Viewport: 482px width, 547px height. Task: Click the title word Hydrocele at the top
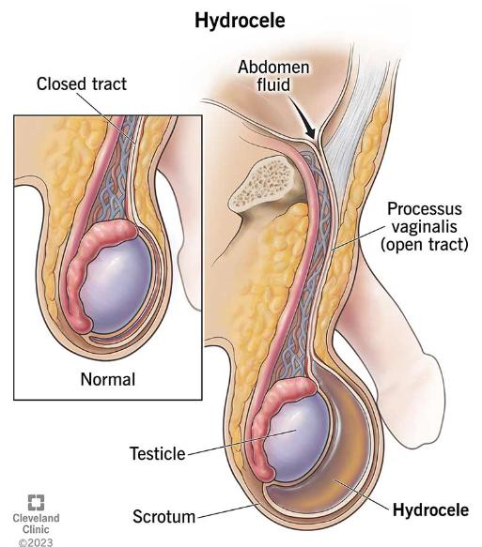click(240, 21)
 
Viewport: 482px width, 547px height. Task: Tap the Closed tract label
click(82, 84)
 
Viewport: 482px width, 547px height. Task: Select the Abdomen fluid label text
click(273, 76)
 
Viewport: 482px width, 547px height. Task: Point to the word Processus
click(425, 209)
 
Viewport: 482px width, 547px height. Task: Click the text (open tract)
click(425, 244)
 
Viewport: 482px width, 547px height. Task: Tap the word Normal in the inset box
click(107, 379)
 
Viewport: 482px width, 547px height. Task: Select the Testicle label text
click(158, 453)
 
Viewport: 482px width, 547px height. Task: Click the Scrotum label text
click(163, 517)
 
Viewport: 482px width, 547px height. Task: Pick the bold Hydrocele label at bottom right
click(430, 510)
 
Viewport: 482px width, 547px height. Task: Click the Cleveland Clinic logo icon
click(36, 502)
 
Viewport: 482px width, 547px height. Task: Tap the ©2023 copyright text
click(36, 542)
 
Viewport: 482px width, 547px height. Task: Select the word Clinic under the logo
click(36, 529)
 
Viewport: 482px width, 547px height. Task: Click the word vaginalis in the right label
click(424, 227)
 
